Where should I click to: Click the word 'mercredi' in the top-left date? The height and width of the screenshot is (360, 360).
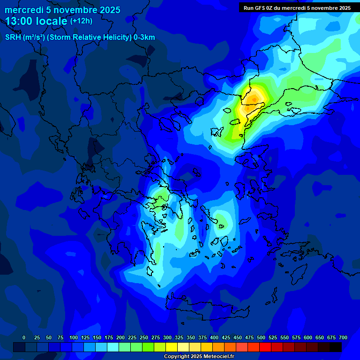[24, 10]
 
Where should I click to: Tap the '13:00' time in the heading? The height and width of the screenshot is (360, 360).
[18, 21]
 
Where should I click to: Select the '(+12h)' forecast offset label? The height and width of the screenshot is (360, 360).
[81, 21]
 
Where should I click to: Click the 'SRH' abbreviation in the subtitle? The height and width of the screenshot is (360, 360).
[13, 37]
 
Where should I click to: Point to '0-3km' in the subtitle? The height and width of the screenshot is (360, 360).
[144, 37]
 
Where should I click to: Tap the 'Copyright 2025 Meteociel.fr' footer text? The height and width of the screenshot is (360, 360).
[199, 357]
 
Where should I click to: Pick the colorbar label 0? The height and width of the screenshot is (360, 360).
[24, 338]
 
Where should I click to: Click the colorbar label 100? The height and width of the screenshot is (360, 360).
[74, 338]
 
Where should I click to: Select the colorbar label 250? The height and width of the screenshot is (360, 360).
[144, 338]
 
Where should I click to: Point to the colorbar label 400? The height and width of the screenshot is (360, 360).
[214, 338]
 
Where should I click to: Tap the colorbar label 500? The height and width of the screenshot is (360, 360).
[261, 338]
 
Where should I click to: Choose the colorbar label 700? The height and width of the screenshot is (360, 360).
[343, 338]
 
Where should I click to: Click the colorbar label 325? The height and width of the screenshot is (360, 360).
[179, 338]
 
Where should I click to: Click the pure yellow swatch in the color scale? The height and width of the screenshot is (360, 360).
[172, 347]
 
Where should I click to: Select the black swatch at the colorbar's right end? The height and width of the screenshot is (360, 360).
[336, 347]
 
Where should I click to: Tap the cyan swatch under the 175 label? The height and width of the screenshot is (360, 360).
[113, 347]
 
